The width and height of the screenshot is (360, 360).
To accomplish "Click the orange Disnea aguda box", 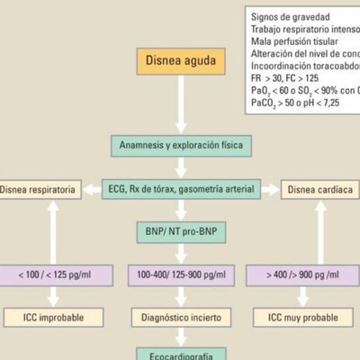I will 181,60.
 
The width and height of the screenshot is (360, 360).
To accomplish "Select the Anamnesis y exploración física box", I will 181,144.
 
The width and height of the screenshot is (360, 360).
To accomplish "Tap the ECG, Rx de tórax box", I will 181,190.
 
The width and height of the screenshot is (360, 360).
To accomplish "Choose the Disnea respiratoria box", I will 40,190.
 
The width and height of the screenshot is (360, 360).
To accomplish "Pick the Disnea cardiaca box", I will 321,190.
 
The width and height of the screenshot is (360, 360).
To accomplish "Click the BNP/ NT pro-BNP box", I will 181,232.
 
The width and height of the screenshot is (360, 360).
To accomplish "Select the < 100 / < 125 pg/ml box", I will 53,273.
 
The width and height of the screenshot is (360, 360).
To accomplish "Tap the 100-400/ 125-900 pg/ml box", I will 181,273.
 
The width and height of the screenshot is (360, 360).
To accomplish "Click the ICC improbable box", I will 53,317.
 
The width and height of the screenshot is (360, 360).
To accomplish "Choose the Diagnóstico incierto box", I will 181,317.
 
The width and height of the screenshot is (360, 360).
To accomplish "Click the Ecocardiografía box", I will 181,354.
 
